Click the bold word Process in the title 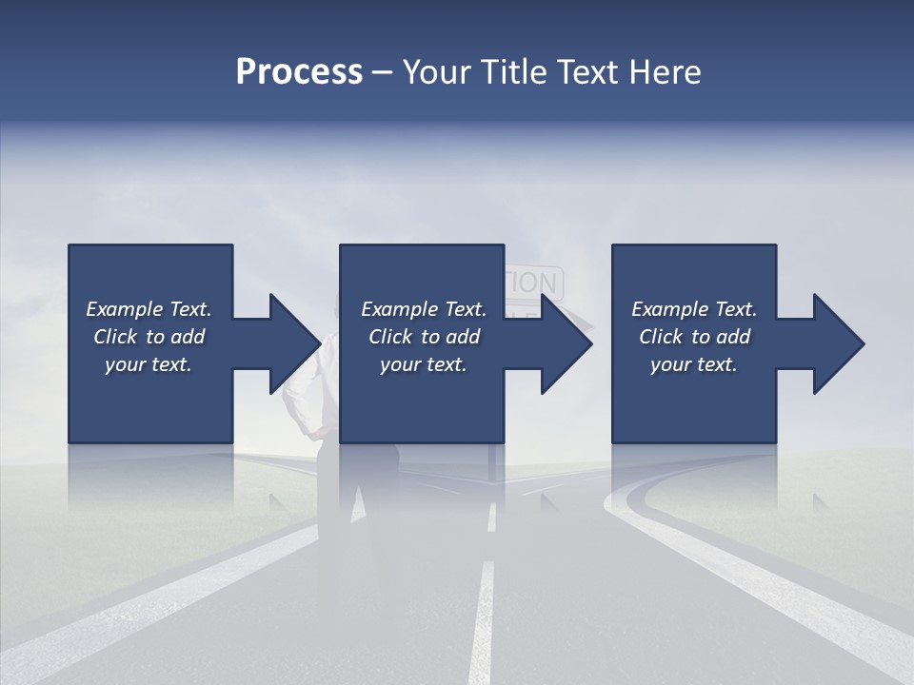[299, 72]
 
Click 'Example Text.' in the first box [149, 309]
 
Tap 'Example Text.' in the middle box [424, 309]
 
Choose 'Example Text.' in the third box [694, 309]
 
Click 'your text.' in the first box [149, 364]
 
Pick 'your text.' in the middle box [424, 364]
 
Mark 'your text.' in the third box [694, 364]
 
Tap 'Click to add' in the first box [149, 337]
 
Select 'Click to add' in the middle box [424, 337]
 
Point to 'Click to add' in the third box [694, 337]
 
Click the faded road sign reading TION [533, 283]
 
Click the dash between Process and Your [383, 73]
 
